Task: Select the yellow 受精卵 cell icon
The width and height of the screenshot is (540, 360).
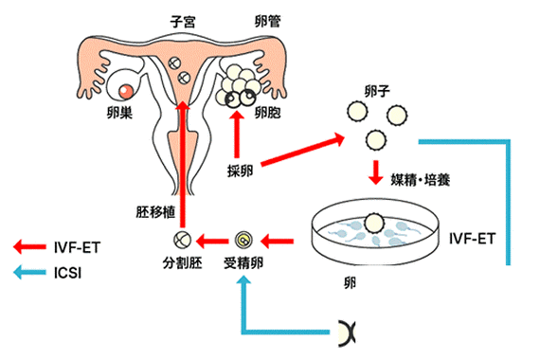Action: [243, 239]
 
